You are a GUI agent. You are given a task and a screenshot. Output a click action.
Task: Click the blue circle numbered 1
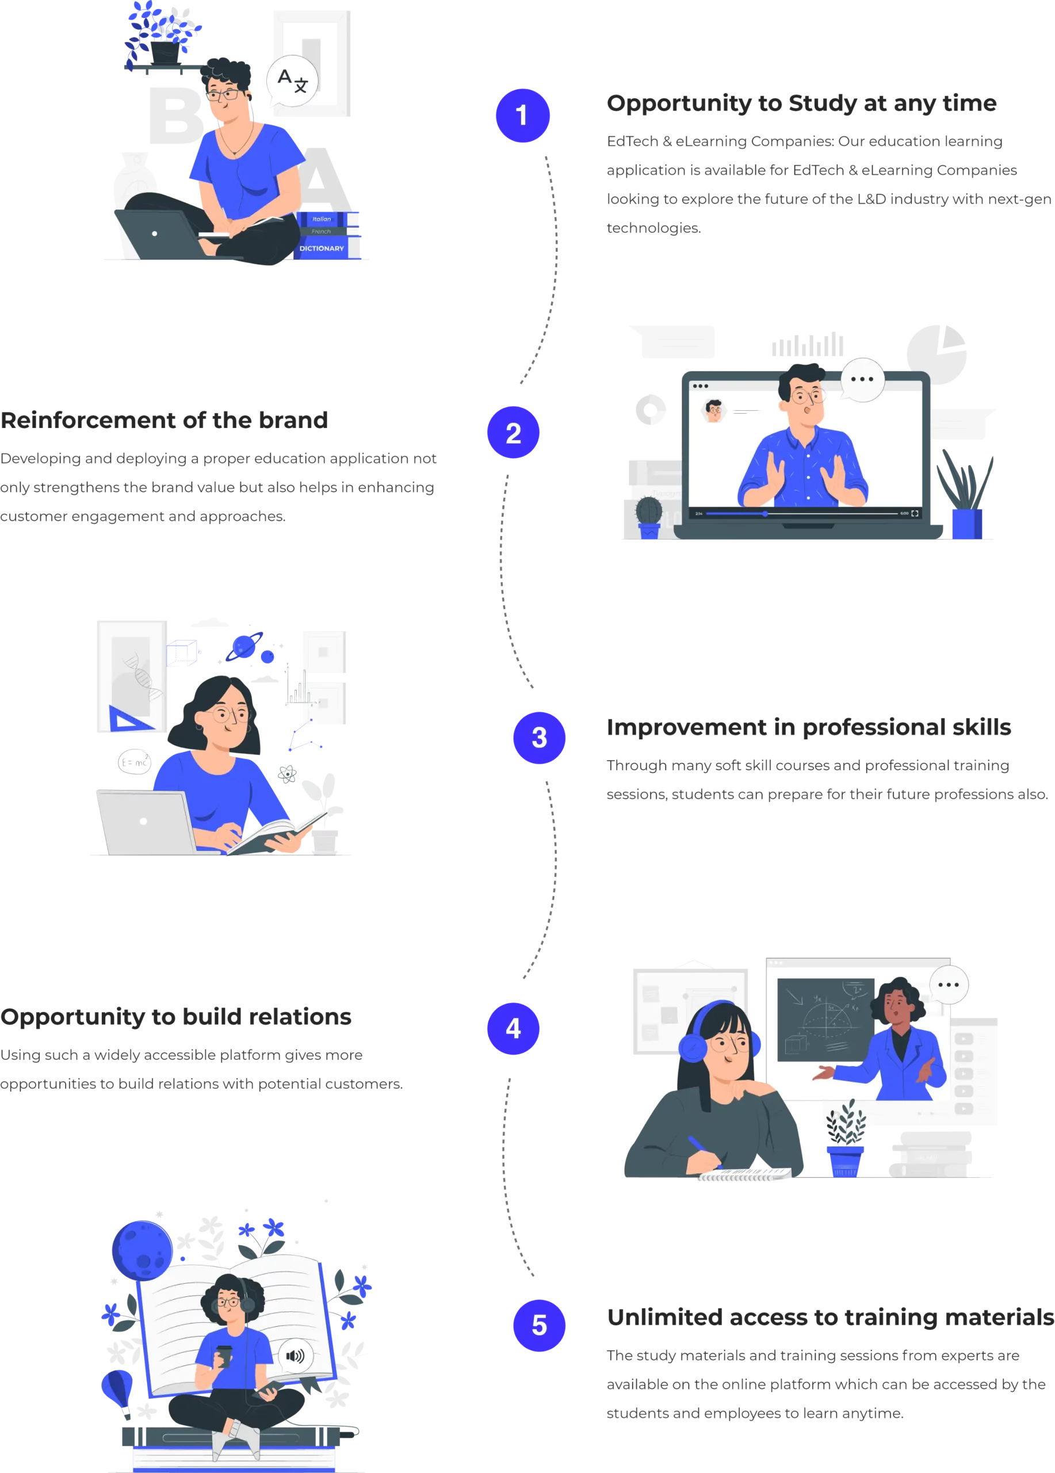pyautogui.click(x=522, y=116)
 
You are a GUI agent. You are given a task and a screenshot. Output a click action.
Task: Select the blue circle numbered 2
pyautogui.click(x=513, y=433)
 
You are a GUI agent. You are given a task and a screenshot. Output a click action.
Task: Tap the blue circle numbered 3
pyautogui.click(x=539, y=738)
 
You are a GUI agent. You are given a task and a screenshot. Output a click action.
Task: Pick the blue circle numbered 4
pyautogui.click(x=513, y=1029)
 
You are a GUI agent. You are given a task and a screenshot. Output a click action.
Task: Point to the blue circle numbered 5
pyautogui.click(x=539, y=1325)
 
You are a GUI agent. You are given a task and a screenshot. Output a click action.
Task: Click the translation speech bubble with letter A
pyautogui.click(x=292, y=82)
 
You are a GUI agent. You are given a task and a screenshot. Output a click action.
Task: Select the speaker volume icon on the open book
pyautogui.click(x=296, y=1356)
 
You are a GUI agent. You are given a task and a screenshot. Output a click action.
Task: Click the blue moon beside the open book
pyautogui.click(x=142, y=1250)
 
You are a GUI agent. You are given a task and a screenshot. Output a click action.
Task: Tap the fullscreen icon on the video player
pyautogui.click(x=915, y=514)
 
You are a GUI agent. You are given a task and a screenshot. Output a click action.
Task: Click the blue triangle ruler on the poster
pyautogui.click(x=130, y=720)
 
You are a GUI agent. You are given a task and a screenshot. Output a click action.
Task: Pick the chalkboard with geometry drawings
pyautogui.click(x=824, y=1020)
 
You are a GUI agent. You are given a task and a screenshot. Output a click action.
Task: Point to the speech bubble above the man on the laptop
pyautogui.click(x=862, y=379)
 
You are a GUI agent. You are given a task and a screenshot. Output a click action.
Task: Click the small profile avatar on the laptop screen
pyautogui.click(x=714, y=410)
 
